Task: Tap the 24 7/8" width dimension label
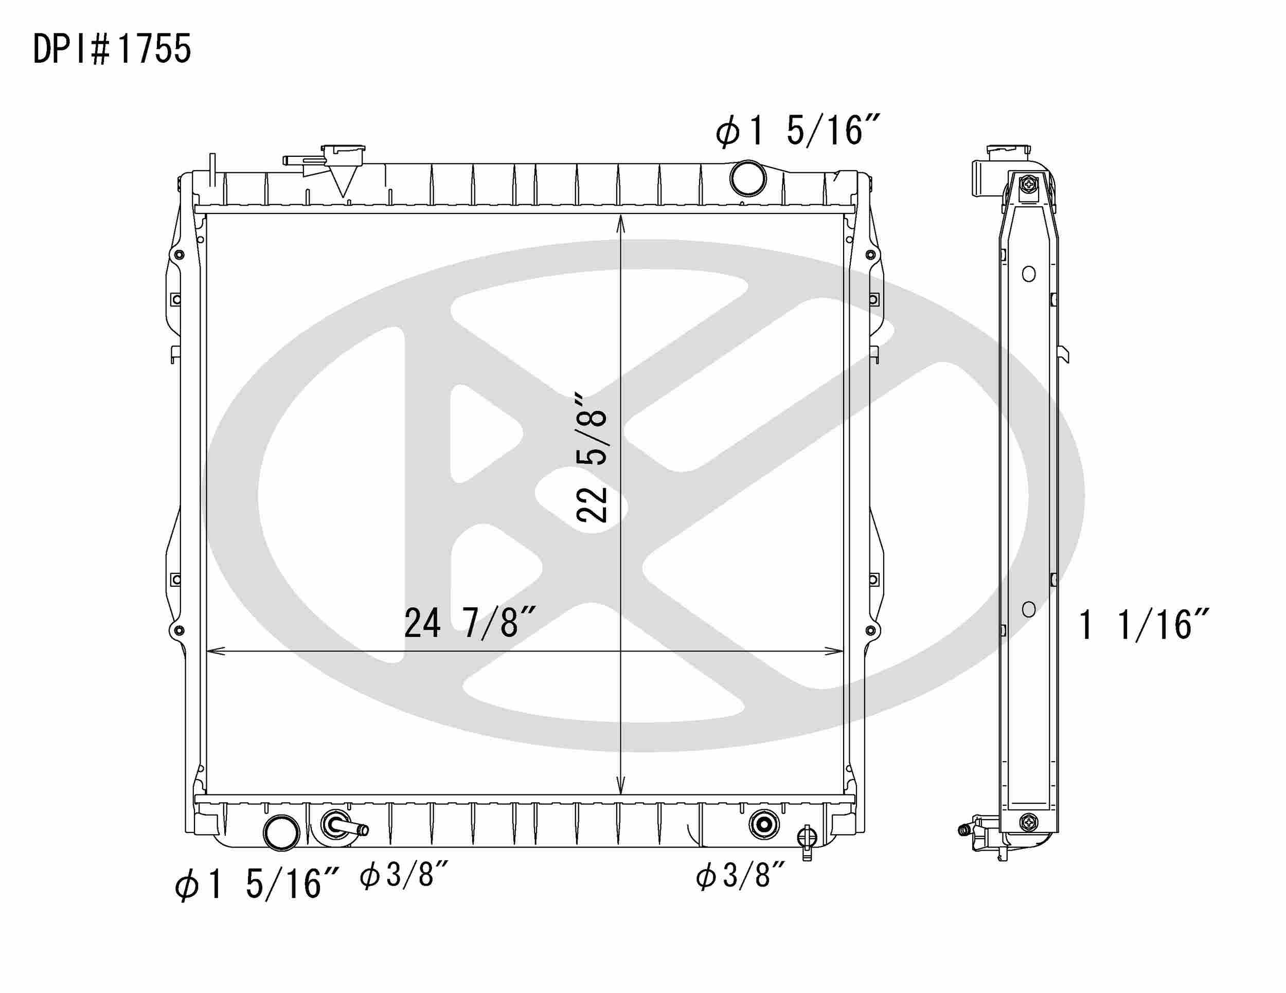tap(469, 623)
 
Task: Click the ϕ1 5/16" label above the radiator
tap(797, 131)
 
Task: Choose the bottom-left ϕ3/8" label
tap(405, 875)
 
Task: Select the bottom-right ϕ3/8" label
tap(741, 875)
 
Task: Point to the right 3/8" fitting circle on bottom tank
tap(764, 825)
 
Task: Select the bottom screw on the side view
tap(1029, 821)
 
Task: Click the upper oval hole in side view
tap(1029, 274)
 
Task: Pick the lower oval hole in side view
tap(1029, 609)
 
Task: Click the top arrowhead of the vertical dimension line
tap(620, 220)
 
